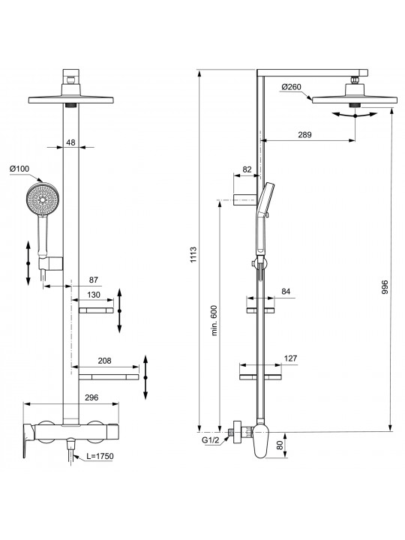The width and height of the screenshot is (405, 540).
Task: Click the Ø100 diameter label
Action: pos(19,169)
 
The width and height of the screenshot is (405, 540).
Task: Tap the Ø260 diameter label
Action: pos(291,87)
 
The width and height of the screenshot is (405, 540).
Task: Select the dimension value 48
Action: pos(70,142)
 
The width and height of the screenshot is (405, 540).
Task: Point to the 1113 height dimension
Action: pos(193,254)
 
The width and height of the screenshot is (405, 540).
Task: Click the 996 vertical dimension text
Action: pos(385,286)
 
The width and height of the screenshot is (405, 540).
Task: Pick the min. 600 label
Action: pos(214,320)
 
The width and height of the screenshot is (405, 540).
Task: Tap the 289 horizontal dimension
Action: pos(304,135)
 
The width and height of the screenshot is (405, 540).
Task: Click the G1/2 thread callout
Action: pos(211,439)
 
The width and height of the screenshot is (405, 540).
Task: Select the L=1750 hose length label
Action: pos(100,456)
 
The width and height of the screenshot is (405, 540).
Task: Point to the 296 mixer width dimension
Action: pos(91,397)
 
